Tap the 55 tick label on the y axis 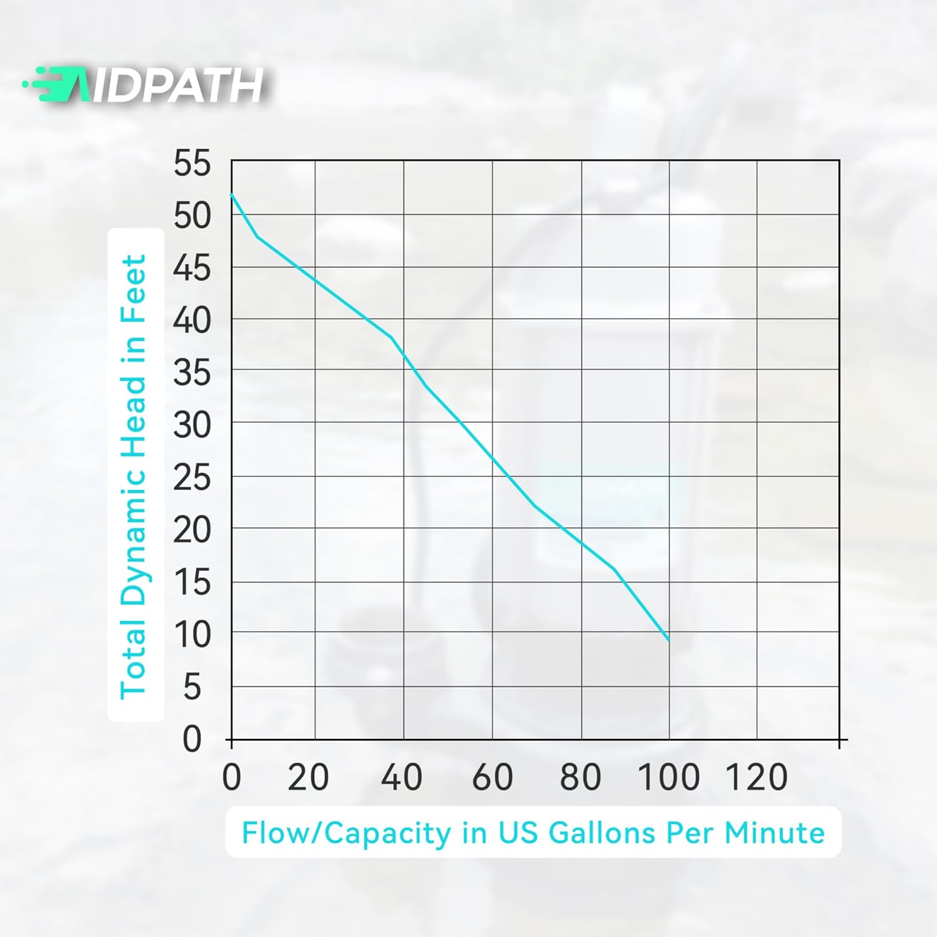(x=192, y=164)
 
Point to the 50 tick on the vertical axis (x=192, y=216)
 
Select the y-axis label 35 (x=192, y=374)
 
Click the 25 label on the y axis (x=192, y=478)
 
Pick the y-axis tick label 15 (x=192, y=583)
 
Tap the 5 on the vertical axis (x=192, y=688)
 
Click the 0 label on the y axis (x=192, y=739)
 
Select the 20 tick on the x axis (x=308, y=778)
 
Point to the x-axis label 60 (x=492, y=778)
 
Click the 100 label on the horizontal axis (x=668, y=778)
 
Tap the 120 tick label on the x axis (x=756, y=778)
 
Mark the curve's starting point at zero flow (x=232, y=194)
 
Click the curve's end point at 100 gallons (x=669, y=640)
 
